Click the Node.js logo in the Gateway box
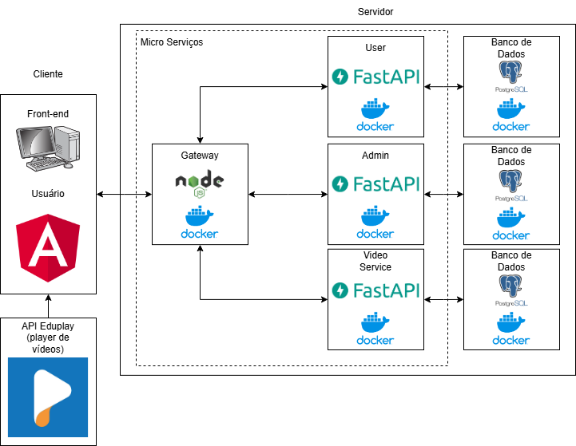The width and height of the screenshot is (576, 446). coord(200,183)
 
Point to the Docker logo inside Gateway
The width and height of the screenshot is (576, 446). coord(200,223)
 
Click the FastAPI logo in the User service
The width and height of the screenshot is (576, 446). coord(375,77)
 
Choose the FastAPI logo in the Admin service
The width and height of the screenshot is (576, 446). coord(375,184)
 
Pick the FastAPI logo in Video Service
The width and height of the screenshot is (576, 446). coord(375,290)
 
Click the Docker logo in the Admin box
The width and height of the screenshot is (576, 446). coord(375,222)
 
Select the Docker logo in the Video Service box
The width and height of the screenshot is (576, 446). coord(375,328)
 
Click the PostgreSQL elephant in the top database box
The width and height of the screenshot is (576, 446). coord(511,76)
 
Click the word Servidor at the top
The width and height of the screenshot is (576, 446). coord(375,11)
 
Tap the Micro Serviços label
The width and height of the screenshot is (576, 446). coord(171,41)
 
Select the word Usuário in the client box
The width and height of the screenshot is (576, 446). coord(48,194)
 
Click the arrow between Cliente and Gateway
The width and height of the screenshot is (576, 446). coord(124,194)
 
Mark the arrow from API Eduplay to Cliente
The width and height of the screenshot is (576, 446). coord(48,306)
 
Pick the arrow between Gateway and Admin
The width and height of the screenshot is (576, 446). coord(288,194)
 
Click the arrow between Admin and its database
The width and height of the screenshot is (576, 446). coord(443,194)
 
